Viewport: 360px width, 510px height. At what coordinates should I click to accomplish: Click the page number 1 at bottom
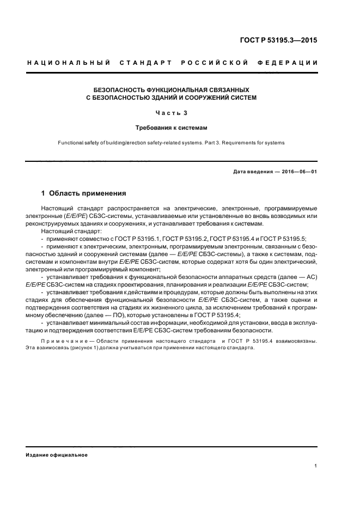point(316,466)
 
